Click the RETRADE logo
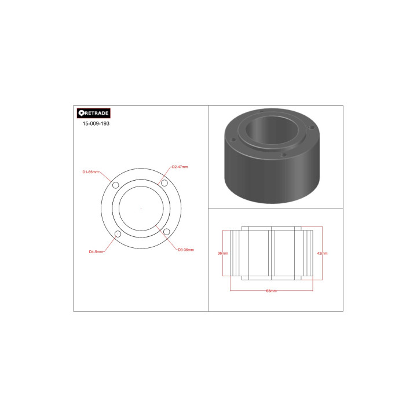click(94, 114)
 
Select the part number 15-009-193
click(96, 123)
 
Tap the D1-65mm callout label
click(90, 172)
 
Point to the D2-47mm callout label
click(180, 167)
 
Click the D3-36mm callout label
click(186, 250)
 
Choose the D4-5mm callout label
click(96, 251)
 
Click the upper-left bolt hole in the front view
click(115, 185)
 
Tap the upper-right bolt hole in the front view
click(164, 183)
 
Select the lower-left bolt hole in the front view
click(118, 234)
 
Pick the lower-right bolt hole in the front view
click(167, 232)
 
